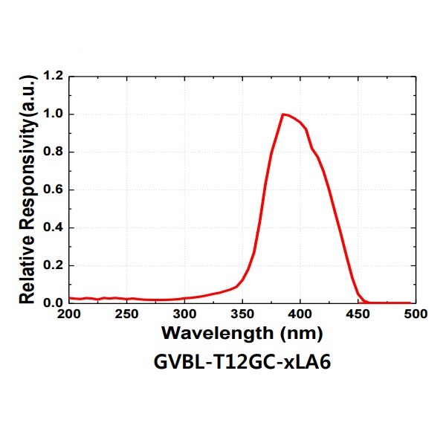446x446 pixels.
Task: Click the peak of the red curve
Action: pos(283,114)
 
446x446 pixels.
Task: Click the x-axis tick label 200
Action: pos(69,314)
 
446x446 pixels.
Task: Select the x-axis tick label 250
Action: pos(127,314)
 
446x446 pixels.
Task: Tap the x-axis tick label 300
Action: pos(184,314)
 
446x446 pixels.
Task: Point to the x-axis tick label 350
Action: pos(242,314)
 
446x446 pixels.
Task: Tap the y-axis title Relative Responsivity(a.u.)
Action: pos(28,190)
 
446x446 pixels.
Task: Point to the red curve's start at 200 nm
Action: pos(70,298)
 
